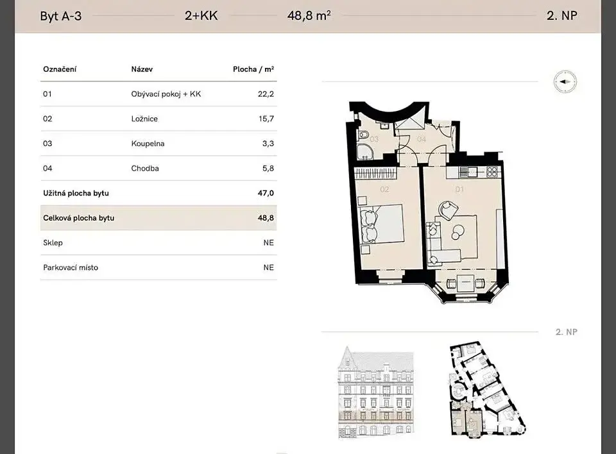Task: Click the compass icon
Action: (x=565, y=82)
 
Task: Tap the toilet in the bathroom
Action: (x=362, y=137)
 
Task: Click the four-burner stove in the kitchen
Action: (x=492, y=171)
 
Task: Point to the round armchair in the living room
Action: (x=448, y=210)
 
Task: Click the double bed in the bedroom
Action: (x=383, y=223)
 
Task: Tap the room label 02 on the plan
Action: (x=384, y=189)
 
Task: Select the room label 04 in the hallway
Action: (x=422, y=139)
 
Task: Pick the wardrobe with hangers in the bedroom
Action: (x=375, y=172)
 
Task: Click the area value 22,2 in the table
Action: (x=266, y=94)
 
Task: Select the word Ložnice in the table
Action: (x=144, y=119)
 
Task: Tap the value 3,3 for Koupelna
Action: (x=268, y=144)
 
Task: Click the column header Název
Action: (x=142, y=69)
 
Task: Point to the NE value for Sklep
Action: (x=269, y=242)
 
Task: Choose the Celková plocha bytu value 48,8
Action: (x=266, y=218)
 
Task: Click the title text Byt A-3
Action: (x=61, y=16)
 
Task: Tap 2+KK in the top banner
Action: (x=201, y=15)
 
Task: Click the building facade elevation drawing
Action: (x=376, y=392)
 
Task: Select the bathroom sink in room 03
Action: (x=384, y=125)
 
